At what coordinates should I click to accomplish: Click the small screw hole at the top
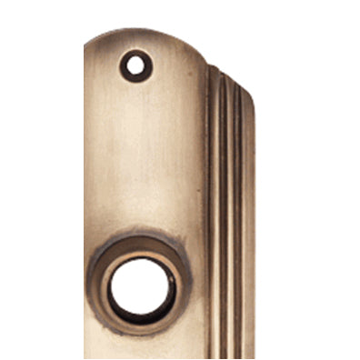pyautogui.click(x=135, y=65)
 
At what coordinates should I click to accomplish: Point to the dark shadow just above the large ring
pyautogui.click(x=142, y=233)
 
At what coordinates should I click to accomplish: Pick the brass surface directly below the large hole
pyautogui.click(x=142, y=349)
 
